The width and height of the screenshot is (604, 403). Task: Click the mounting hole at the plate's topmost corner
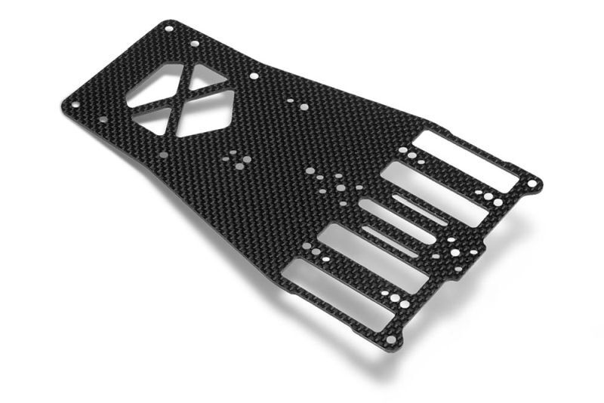pos(168,29)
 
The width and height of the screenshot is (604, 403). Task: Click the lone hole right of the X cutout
pos(254,75)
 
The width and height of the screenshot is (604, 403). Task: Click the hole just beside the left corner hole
pos(103,119)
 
